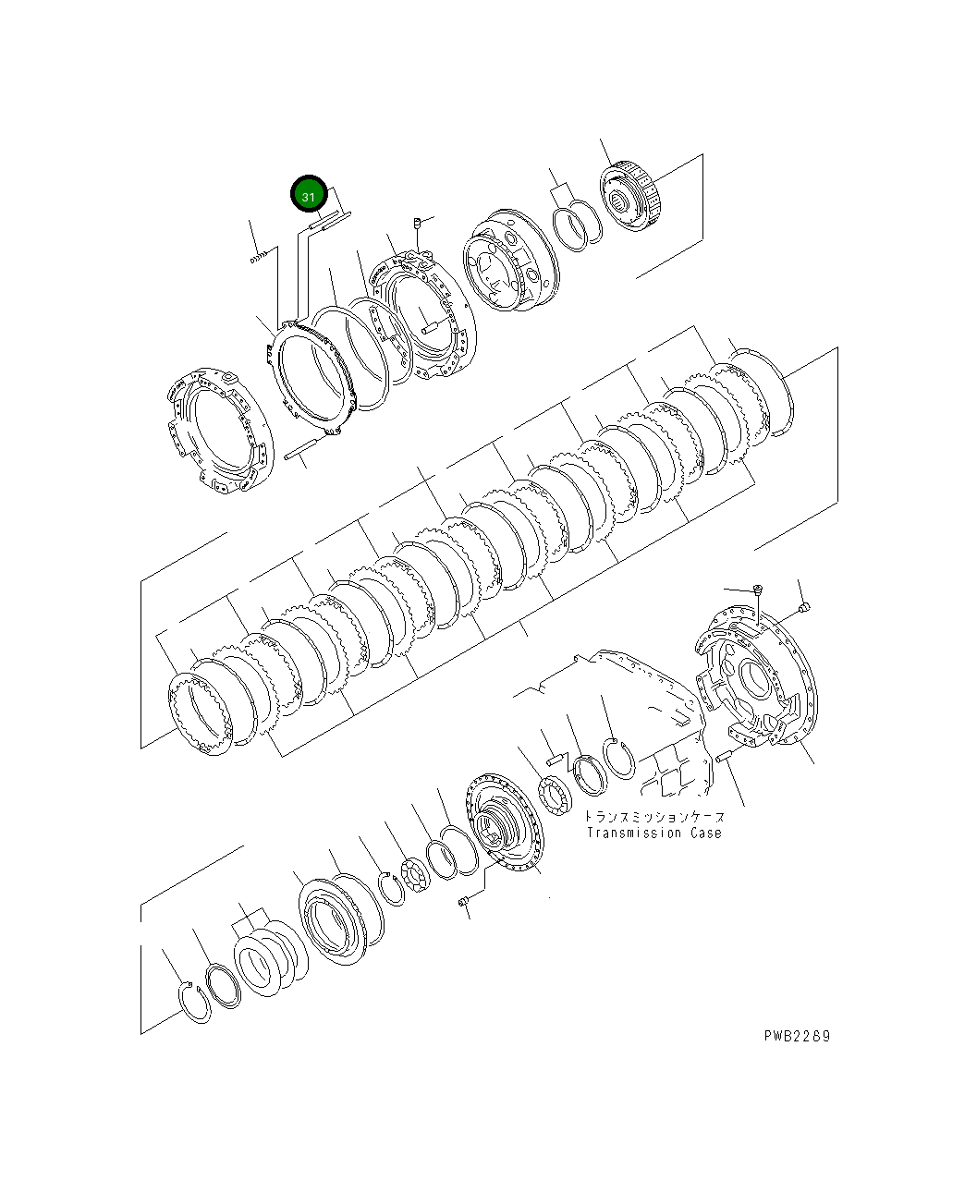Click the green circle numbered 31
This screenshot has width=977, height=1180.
(309, 196)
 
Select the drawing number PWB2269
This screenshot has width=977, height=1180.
(797, 1036)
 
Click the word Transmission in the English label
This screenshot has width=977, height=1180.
(633, 833)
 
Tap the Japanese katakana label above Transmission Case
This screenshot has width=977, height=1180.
(653, 817)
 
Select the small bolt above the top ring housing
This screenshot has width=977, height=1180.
(418, 223)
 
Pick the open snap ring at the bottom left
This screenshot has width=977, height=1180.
(194, 1003)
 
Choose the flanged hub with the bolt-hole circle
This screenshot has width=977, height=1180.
(505, 821)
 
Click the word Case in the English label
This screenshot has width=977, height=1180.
(705, 833)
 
